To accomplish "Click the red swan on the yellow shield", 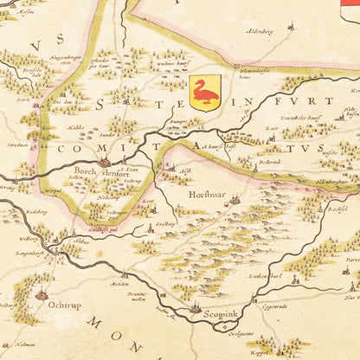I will pyautogui.click(x=205, y=91).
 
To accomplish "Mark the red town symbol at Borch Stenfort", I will pyautogui.click(x=105, y=162).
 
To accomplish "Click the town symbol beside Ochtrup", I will pyautogui.click(x=41, y=295).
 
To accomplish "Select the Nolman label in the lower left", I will pyautogui.click(x=23, y=344).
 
